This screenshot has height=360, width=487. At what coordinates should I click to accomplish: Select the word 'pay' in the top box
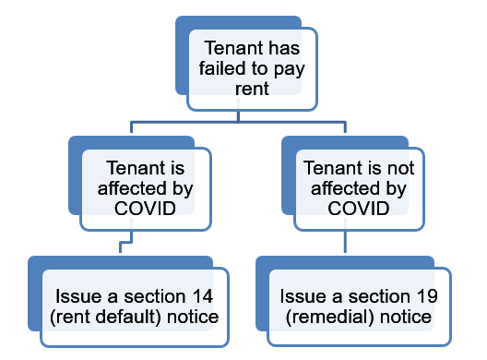pos(289,68)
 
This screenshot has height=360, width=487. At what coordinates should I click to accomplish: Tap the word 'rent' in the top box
pos(253,89)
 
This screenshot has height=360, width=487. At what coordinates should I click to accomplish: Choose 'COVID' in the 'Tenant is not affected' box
pos(357,209)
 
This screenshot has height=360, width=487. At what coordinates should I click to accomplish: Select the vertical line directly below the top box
pos(239,114)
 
